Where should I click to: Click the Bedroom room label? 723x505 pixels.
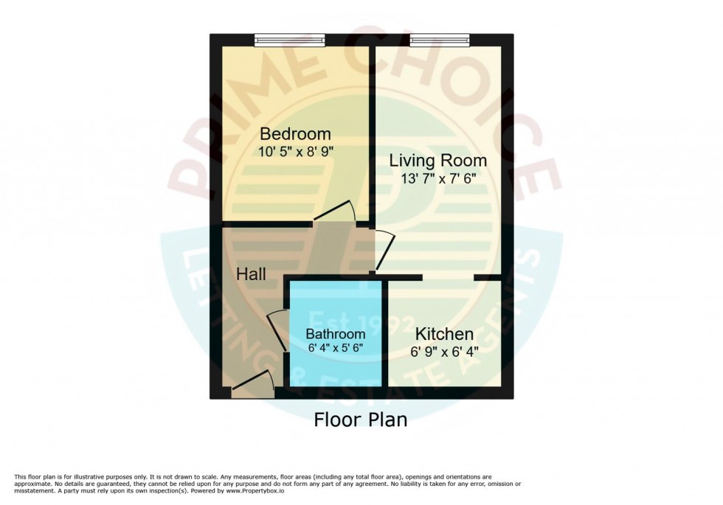(x=295, y=134)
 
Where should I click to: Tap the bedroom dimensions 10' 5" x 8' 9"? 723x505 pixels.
(x=295, y=153)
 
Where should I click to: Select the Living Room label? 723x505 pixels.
(x=438, y=160)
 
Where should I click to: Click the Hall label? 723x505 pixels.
(x=252, y=274)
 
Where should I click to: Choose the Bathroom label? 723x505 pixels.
(x=335, y=335)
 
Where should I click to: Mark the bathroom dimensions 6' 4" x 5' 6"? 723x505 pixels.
(x=335, y=348)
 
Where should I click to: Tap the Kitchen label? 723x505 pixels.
(x=443, y=334)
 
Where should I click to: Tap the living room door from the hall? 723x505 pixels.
(x=384, y=249)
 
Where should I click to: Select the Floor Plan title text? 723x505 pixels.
(x=361, y=420)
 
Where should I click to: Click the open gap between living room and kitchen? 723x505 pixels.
(x=448, y=278)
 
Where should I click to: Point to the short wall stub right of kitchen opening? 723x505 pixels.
(x=488, y=278)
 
